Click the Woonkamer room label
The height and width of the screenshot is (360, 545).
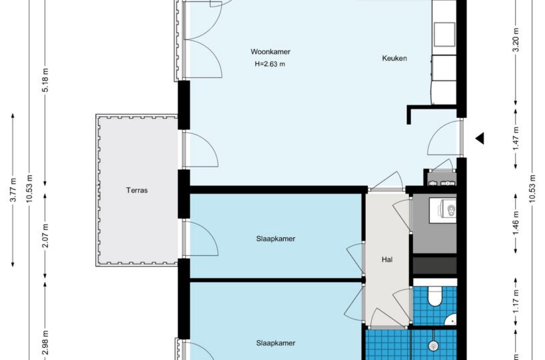(x=271, y=52)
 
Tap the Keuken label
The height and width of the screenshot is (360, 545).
(x=394, y=58)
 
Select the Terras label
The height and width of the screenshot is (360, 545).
(x=137, y=190)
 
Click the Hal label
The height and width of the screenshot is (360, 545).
(x=387, y=259)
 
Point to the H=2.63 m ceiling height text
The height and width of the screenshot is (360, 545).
(x=270, y=64)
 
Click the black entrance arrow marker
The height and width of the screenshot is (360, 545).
(x=480, y=139)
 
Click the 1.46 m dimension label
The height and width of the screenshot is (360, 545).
(x=516, y=223)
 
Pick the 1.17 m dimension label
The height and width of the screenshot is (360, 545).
(x=516, y=302)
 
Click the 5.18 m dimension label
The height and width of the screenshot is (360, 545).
(x=45, y=79)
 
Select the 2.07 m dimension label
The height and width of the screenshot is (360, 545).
(x=45, y=236)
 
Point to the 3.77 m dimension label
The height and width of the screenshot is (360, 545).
(x=13, y=190)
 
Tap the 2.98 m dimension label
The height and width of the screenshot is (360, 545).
(x=45, y=343)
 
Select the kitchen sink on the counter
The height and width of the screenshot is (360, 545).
(x=444, y=35)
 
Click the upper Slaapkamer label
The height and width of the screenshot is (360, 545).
(x=276, y=239)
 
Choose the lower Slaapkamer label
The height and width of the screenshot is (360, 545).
(x=276, y=343)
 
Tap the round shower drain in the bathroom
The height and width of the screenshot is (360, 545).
(x=433, y=346)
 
